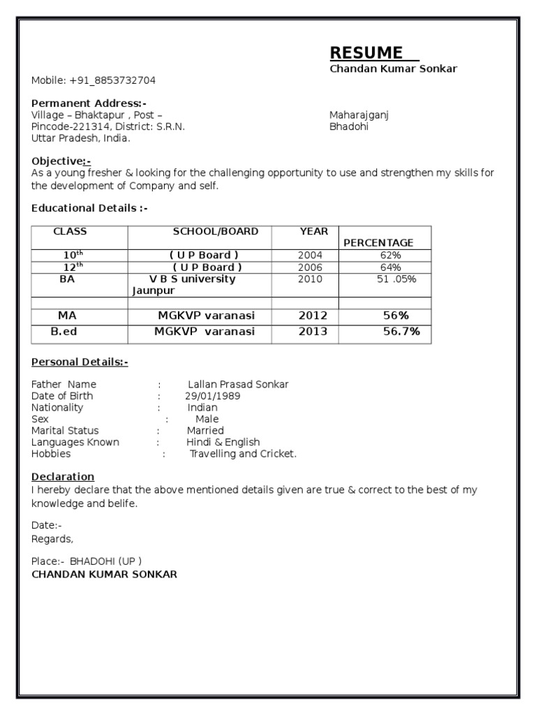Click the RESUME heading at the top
(x=366, y=53)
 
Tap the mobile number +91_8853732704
(x=112, y=80)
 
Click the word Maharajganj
(x=359, y=115)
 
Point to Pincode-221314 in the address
(x=66, y=127)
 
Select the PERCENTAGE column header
(x=378, y=243)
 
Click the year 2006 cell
(x=311, y=267)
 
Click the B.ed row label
(x=64, y=332)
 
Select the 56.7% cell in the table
(x=401, y=332)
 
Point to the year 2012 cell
(x=313, y=316)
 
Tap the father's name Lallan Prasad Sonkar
(x=238, y=384)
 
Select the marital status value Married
(x=205, y=431)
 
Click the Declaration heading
(x=63, y=477)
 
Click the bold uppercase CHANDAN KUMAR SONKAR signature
(x=105, y=574)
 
